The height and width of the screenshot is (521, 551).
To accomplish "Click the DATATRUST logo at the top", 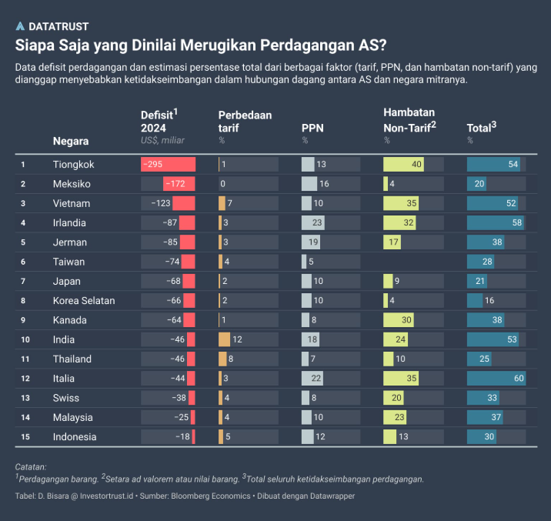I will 52,26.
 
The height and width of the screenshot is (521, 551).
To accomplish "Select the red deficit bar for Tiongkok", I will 169,164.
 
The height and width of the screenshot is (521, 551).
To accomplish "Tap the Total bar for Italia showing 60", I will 496,379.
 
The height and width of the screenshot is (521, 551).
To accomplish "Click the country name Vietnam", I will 72,203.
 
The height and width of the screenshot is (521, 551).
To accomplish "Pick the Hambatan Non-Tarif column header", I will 409,119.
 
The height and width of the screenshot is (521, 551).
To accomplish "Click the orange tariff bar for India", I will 224,339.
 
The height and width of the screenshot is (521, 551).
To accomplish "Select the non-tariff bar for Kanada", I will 399,320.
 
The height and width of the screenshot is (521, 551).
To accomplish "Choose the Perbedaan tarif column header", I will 245,122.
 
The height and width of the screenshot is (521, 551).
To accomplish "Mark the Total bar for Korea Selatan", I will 475,300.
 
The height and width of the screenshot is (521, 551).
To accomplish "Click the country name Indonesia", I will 75,437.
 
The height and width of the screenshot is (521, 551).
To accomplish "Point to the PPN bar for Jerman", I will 311,242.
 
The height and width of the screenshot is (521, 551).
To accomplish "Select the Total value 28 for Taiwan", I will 487,262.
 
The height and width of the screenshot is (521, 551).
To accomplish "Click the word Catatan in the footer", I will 31,466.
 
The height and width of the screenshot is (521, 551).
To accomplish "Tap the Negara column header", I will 71,141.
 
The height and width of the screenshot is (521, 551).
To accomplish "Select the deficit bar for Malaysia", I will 192,417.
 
